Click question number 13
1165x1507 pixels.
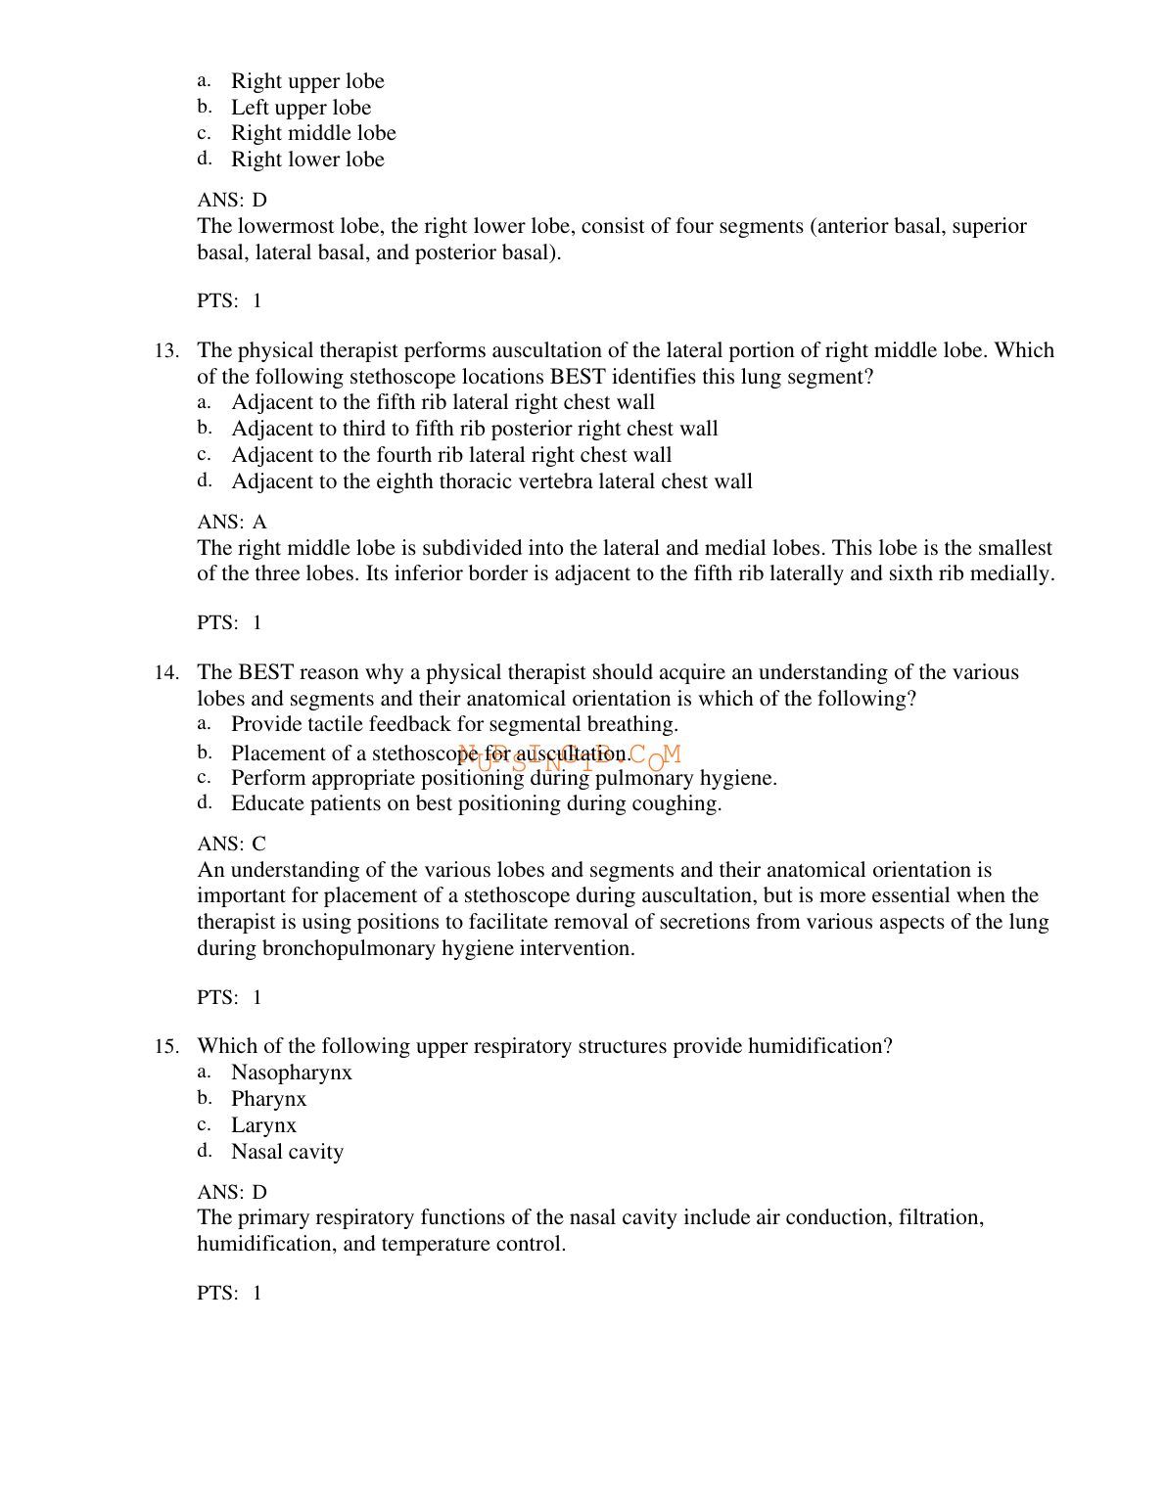click(166, 351)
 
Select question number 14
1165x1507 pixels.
click(166, 673)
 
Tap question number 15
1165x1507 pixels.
click(166, 1047)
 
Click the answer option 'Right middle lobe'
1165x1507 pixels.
click(313, 133)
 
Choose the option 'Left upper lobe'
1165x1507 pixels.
click(301, 108)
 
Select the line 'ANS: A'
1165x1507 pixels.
click(232, 523)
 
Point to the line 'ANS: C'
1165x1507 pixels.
click(232, 845)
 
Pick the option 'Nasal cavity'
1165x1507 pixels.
click(287, 1152)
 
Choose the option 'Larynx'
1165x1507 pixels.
click(263, 1125)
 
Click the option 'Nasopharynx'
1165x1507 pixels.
click(291, 1073)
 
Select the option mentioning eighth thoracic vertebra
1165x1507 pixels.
click(491, 481)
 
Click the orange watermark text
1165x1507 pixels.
click(569, 756)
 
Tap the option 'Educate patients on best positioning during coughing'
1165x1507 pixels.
click(476, 804)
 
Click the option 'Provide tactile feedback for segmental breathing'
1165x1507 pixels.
click(454, 725)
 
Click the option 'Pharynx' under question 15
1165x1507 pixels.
click(268, 1100)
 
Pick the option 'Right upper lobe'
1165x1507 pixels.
click(307, 81)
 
